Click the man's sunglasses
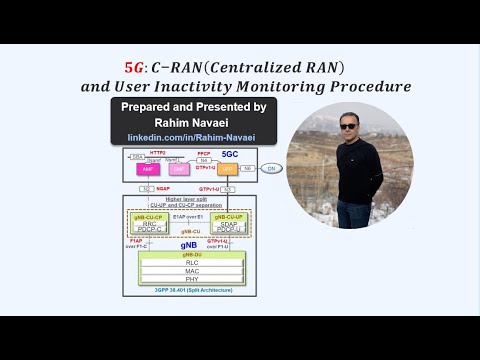click(x=347, y=127)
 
